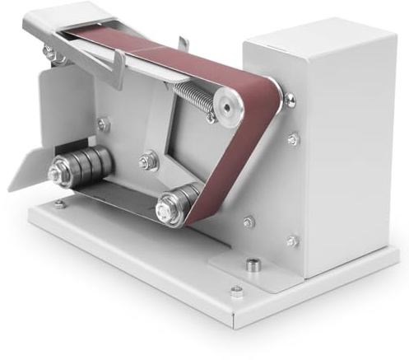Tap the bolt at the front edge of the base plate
click(237, 291)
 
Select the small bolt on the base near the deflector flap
click(59, 204)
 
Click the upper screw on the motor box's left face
click(293, 140)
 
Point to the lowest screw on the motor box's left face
click(291, 241)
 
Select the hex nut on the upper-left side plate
click(104, 124)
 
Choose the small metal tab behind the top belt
click(183, 40)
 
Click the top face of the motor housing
click(321, 37)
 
